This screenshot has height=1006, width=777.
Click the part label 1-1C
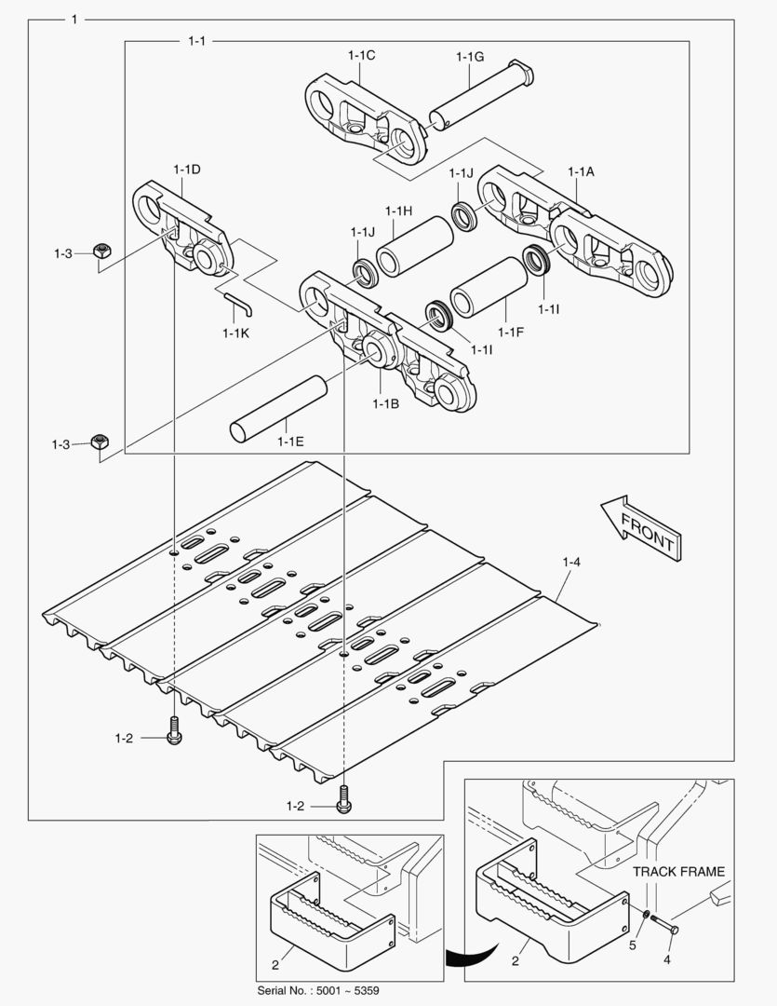coord(361,56)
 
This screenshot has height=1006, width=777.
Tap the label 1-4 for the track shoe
coord(571,562)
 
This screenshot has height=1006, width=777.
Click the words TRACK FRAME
coord(678,872)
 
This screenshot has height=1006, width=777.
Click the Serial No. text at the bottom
coord(317,990)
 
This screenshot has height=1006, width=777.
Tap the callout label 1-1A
coord(581,172)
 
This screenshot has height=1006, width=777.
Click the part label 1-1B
coord(385,403)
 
